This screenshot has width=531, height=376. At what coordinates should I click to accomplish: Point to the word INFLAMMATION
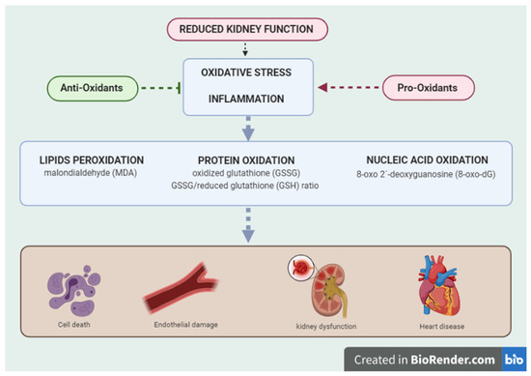[249, 100]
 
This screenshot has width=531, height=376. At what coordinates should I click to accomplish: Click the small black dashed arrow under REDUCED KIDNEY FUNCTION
[249, 48]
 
